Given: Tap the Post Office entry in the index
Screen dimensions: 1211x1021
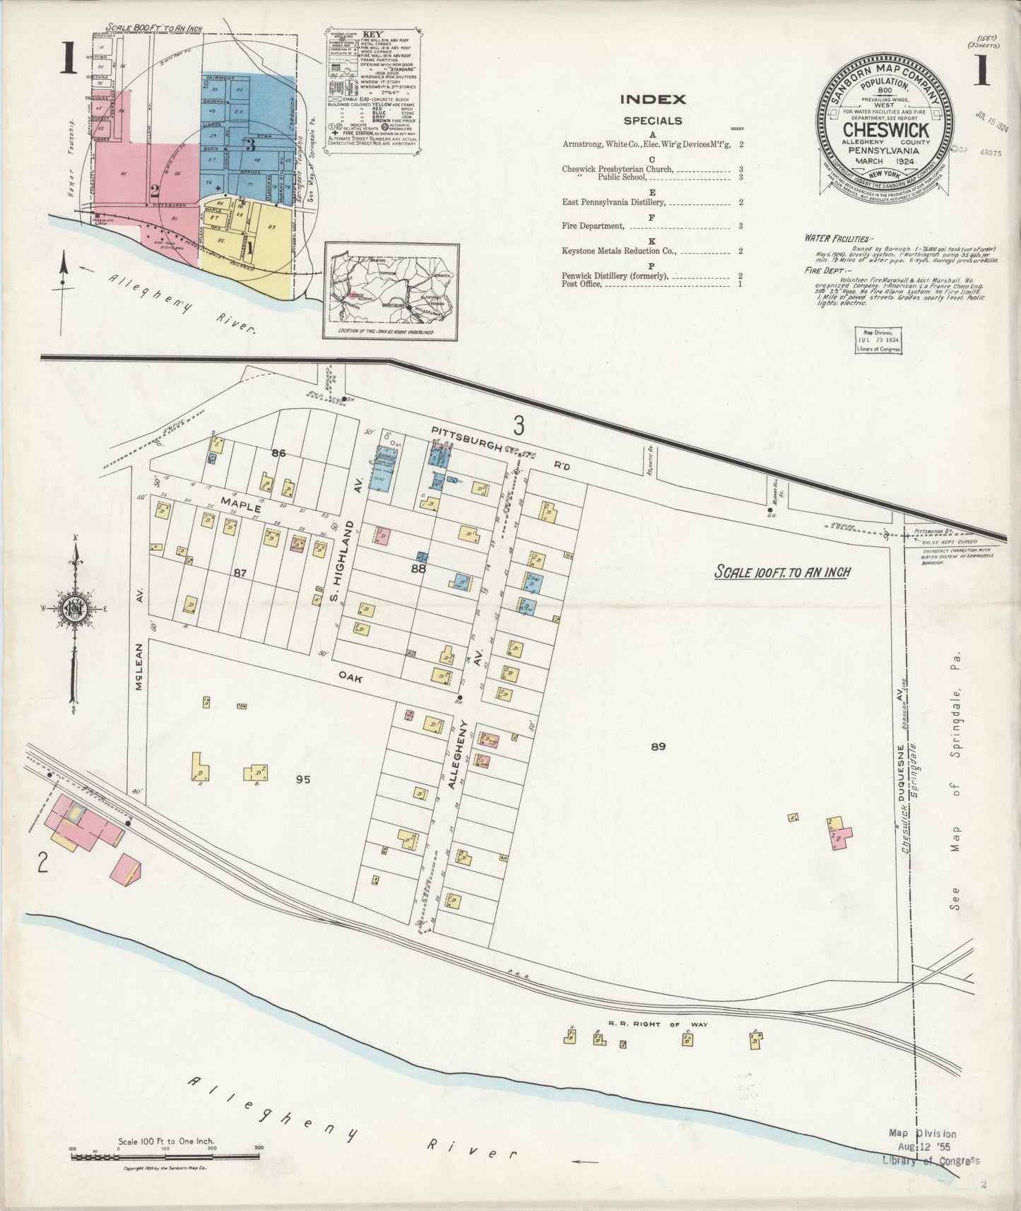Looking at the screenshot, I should (582, 284).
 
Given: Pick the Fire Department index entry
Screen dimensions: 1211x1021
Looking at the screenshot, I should (593, 226).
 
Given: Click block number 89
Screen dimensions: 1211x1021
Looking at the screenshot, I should (659, 746).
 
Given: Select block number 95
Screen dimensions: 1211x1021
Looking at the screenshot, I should (303, 779).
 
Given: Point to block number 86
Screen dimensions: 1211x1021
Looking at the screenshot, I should (278, 452).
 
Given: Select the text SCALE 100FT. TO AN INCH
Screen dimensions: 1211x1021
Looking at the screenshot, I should (782, 572).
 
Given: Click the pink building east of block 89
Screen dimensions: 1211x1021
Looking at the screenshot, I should (838, 834).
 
